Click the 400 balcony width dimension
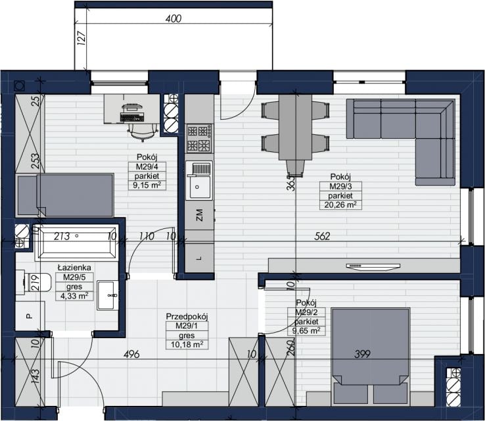173,18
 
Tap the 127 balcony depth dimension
81,38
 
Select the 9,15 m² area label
147,186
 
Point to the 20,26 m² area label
340,205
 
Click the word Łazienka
74,268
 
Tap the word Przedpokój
187,316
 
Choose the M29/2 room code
306,312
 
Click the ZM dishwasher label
200,215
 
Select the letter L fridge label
199,258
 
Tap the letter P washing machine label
29,316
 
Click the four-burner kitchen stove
200,138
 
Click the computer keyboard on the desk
132,117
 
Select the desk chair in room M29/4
143,132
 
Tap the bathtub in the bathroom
76,242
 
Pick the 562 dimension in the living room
322,236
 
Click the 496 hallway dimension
131,354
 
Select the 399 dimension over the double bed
362,353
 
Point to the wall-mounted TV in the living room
373,266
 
